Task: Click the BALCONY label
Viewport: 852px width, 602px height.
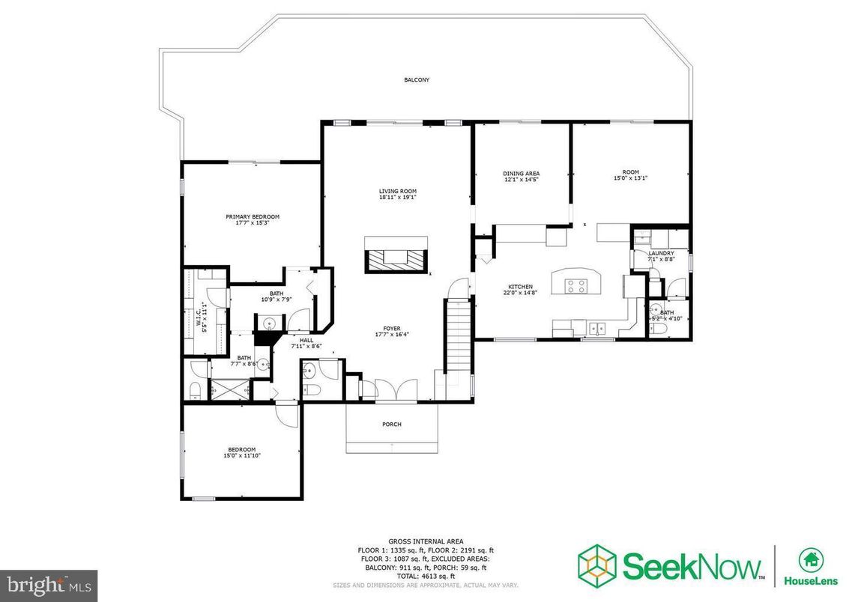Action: (417, 79)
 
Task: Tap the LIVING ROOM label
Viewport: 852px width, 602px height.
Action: (397, 191)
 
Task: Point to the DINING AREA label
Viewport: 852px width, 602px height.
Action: (521, 174)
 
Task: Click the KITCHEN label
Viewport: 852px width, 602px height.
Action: (521, 287)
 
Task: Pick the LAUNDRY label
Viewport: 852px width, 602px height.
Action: (661, 253)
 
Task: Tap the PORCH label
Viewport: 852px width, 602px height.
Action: (392, 425)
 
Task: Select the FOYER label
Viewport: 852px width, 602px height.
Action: (392, 328)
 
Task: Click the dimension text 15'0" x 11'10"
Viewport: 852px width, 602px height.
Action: (241, 455)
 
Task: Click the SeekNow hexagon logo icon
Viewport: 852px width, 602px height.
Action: (596, 562)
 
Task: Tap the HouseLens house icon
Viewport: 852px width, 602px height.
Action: (810, 558)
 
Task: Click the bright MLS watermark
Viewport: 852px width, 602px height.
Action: (49, 583)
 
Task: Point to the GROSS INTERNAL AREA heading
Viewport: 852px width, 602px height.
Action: (426, 541)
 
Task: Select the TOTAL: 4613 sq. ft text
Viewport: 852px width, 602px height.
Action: (426, 577)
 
